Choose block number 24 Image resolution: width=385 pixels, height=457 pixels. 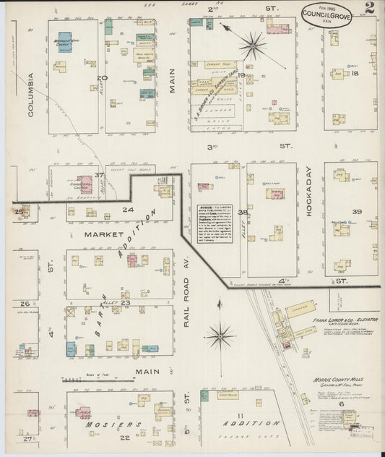coord(128,210)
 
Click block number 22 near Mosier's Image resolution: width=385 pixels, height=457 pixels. coord(126,437)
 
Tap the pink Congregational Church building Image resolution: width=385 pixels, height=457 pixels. coord(85,184)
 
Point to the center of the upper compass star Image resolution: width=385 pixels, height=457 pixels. coord(253,46)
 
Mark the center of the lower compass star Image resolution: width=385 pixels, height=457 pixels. coord(219,334)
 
